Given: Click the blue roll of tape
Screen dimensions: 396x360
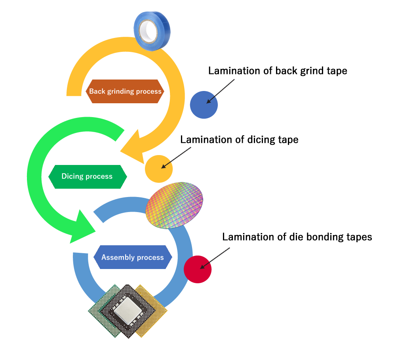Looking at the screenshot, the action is (152, 31).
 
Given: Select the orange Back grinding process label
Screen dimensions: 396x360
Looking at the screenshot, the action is (125, 91).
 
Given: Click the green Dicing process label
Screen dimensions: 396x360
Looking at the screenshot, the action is (88, 176).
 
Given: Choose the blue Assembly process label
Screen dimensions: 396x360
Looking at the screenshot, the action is (133, 257).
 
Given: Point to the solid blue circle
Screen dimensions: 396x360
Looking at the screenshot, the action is (204, 105).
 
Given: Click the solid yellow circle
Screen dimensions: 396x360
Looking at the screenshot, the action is (159, 169).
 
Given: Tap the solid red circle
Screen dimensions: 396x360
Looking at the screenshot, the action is (198, 269).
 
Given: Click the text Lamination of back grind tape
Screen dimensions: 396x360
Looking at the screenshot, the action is (278, 71).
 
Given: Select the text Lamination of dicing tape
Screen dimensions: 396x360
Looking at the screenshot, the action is (239, 140).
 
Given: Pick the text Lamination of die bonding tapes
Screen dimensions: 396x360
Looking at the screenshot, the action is (297, 237).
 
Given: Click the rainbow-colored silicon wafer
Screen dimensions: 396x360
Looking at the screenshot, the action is (174, 205).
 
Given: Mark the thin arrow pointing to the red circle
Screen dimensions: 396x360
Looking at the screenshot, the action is (215, 258).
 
